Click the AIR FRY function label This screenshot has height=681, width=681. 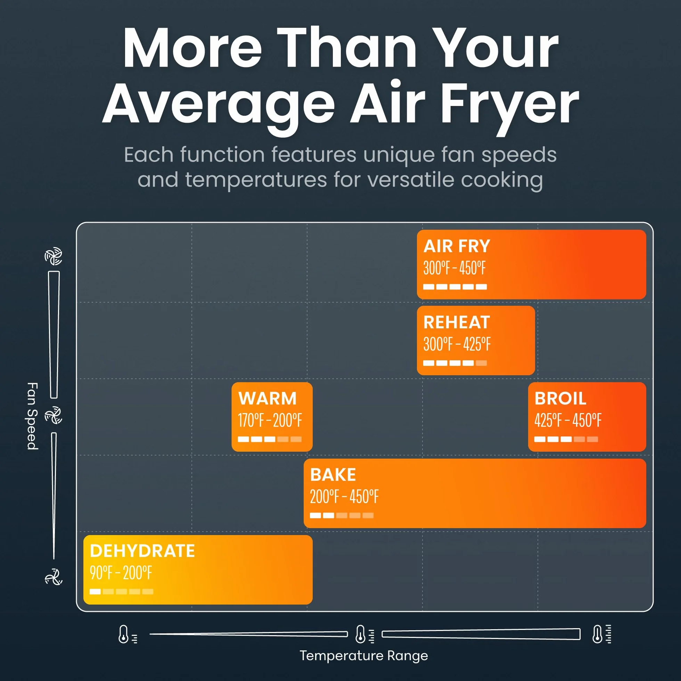(x=457, y=246)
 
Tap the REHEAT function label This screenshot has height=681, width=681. (x=457, y=322)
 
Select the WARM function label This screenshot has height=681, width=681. (x=268, y=398)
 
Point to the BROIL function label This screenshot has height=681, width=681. (x=560, y=398)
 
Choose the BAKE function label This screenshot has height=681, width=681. (x=333, y=475)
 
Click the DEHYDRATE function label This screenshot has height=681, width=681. (x=142, y=551)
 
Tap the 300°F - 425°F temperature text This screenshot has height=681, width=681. (x=457, y=344)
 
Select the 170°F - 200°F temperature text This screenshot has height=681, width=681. (x=270, y=420)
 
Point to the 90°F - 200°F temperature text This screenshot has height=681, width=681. (x=121, y=573)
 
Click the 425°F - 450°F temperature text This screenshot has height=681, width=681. (x=568, y=420)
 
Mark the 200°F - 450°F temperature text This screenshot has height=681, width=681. (x=344, y=497)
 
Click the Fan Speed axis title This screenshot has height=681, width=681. (x=32, y=416)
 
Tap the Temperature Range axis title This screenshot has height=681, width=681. (x=364, y=656)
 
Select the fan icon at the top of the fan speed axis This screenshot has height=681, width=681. (x=54, y=256)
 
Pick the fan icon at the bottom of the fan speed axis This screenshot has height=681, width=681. (x=54, y=577)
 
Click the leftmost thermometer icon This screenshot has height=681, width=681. (x=127, y=634)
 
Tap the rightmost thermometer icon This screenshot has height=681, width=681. (x=602, y=634)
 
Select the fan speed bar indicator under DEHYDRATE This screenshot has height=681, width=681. (x=122, y=591)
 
